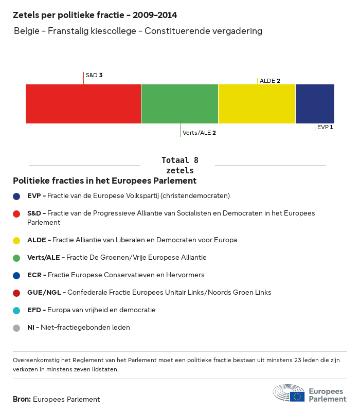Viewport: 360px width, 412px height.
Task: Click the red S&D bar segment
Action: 83,104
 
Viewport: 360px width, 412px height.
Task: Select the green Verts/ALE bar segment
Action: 179,104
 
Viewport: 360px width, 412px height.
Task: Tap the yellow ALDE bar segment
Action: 257,104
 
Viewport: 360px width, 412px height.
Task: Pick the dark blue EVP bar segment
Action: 315,104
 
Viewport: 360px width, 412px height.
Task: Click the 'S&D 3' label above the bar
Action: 94,75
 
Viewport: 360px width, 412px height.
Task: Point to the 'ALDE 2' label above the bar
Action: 270,81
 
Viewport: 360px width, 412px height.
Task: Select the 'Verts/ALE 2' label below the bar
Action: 199,133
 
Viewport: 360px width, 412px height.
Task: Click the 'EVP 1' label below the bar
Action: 325,127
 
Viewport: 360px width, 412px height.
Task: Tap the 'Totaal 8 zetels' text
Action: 179,165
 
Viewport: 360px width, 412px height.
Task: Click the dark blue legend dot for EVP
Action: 17,196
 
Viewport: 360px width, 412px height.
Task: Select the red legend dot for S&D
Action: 17,213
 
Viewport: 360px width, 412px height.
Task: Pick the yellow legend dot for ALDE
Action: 17,240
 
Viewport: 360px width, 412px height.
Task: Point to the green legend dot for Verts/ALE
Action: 17,258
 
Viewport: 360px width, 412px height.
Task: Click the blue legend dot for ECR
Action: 17,275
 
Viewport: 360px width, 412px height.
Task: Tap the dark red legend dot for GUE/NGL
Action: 17,293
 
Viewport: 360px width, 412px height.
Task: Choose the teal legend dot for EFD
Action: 17,310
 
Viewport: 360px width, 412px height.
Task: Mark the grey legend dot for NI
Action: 17,328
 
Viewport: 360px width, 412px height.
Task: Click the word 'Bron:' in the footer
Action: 22,399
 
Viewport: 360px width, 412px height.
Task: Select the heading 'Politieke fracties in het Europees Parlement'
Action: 105,181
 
